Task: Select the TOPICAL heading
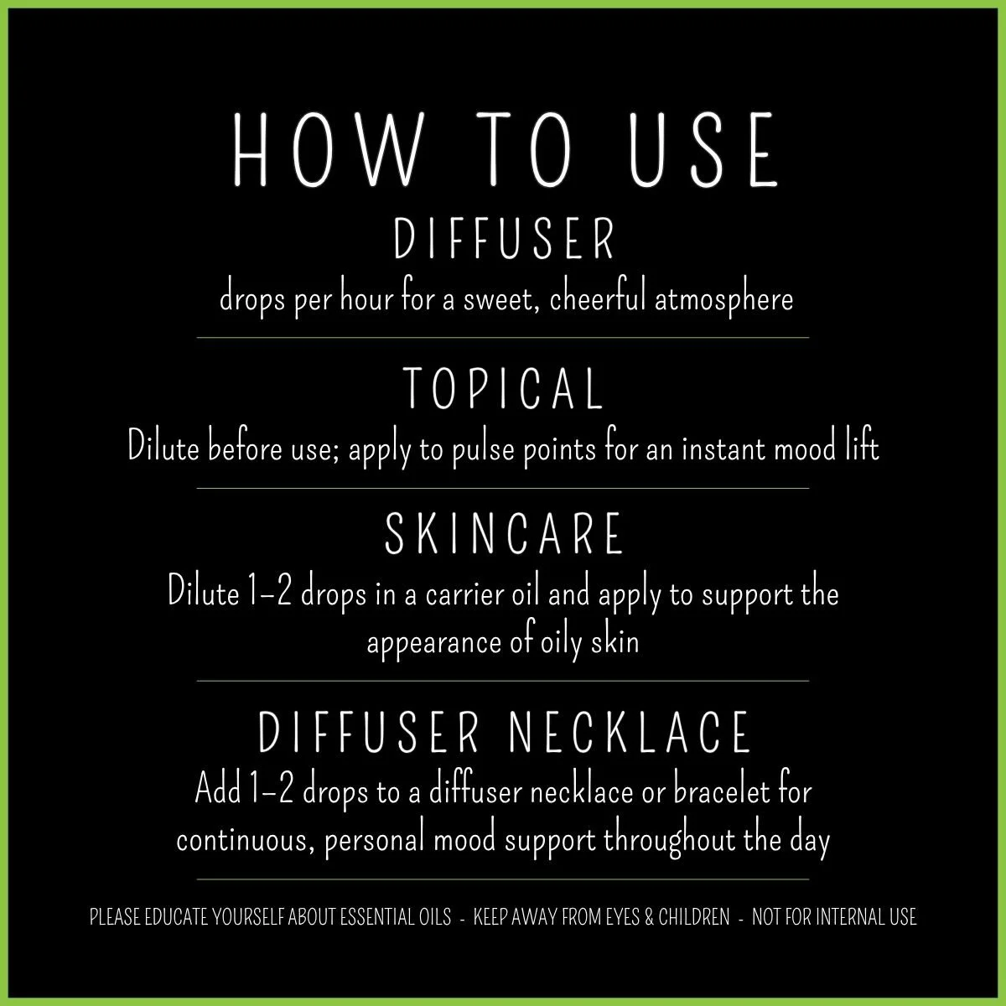click(503, 389)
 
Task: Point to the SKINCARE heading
click(504, 535)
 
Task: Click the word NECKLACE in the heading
click(630, 732)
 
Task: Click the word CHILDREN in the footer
click(694, 918)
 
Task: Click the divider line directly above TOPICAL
click(503, 337)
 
